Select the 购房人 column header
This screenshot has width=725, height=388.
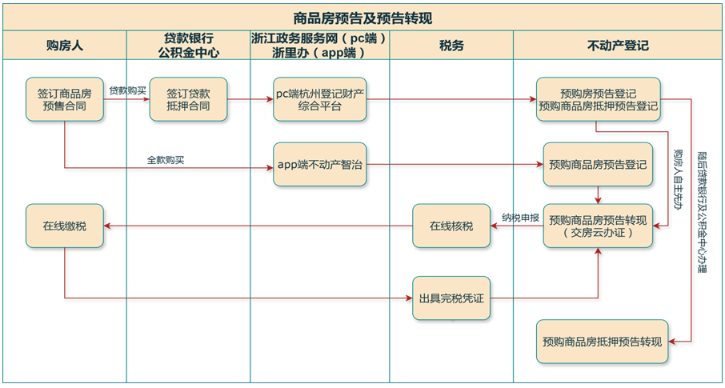click(64, 46)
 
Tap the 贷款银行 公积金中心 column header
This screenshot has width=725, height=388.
click(188, 46)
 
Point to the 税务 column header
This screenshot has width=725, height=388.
click(451, 46)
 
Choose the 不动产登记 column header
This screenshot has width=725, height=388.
click(618, 46)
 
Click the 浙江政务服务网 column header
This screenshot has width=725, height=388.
click(318, 46)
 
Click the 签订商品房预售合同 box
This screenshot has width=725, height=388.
click(64, 99)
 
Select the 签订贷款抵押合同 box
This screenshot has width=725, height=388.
click(189, 99)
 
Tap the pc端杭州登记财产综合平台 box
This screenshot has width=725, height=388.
click(319, 99)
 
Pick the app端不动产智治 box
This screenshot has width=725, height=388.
click(319, 165)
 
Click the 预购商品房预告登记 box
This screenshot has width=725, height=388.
click(598, 165)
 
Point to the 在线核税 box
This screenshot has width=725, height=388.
click(451, 226)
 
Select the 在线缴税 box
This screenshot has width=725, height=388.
click(64, 226)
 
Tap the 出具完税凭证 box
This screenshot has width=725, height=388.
click(451, 298)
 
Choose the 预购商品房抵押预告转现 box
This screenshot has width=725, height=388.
click(602, 342)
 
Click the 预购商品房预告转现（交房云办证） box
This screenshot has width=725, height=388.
click(598, 226)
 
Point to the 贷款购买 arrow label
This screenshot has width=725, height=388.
click(127, 90)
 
